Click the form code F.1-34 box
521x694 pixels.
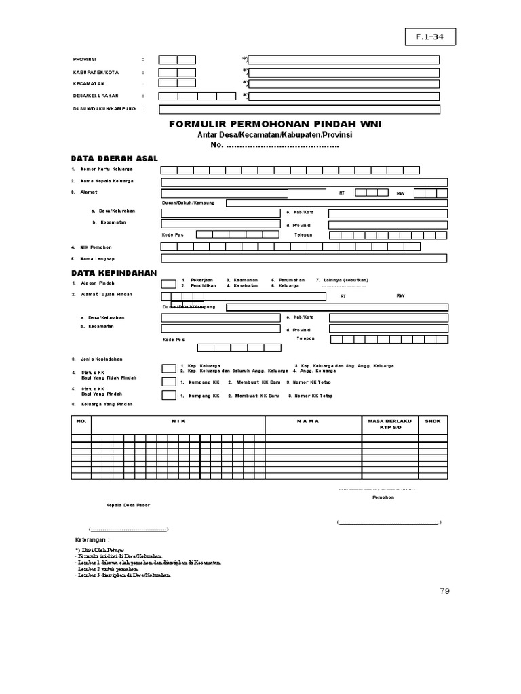click(x=431, y=38)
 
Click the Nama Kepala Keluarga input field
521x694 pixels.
click(x=304, y=182)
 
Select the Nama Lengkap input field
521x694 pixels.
click(x=304, y=258)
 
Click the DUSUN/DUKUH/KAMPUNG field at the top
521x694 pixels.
click(x=299, y=110)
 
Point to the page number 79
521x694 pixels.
click(x=444, y=591)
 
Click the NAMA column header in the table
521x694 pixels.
click(x=307, y=421)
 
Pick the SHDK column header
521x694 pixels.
click(x=433, y=421)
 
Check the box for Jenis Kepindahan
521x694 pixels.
click(x=169, y=368)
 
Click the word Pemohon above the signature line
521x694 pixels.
click(x=383, y=498)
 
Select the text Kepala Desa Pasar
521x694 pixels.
click(x=128, y=506)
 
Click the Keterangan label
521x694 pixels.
click(x=92, y=539)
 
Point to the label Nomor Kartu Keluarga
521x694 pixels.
click(x=107, y=169)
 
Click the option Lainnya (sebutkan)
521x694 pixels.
click(x=343, y=279)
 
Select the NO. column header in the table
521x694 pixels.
click(x=81, y=421)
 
